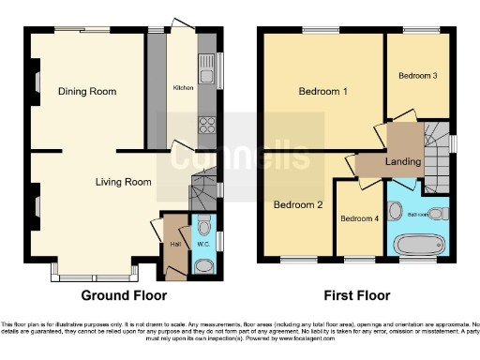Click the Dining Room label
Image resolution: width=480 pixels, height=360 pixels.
pyautogui.click(x=87, y=92)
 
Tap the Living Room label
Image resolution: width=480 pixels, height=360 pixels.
pyautogui.click(x=123, y=182)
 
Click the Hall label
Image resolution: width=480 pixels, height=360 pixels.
pyautogui.click(x=174, y=245)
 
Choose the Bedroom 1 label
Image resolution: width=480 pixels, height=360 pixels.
pyautogui.click(x=323, y=92)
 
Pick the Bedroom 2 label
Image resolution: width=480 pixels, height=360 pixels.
pyautogui.click(x=298, y=204)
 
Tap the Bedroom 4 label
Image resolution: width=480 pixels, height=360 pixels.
pyautogui.click(x=360, y=219)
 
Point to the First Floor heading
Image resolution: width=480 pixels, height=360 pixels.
pyautogui.click(x=356, y=296)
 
